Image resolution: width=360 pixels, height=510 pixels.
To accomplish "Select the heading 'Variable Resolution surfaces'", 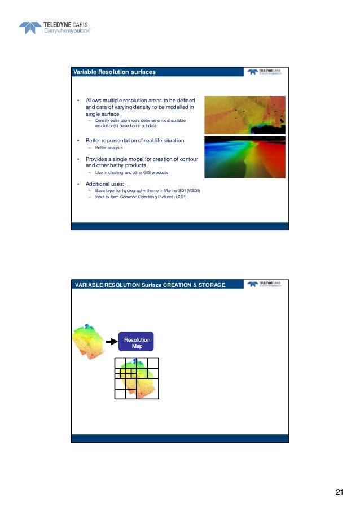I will (x=115, y=72).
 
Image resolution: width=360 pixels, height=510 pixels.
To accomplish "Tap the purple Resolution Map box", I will (x=137, y=342).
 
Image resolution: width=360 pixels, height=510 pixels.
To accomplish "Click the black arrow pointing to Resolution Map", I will (x=111, y=342).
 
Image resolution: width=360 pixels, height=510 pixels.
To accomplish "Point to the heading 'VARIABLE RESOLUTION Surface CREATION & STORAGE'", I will (x=150, y=285).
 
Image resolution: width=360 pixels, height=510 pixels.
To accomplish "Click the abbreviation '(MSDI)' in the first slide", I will (x=191, y=191).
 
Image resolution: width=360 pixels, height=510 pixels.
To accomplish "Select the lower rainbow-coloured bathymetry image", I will (x=244, y=157).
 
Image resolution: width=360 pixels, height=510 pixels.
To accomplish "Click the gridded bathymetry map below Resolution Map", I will (x=136, y=378).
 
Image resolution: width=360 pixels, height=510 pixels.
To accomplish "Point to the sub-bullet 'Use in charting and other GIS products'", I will (x=131, y=172).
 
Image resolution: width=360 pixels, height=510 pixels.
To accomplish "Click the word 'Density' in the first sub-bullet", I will (x=103, y=121).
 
